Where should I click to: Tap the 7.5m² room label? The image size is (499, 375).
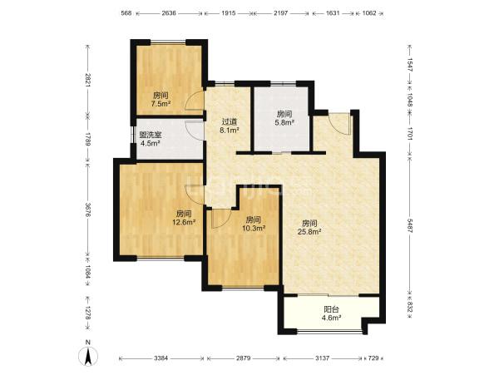pyautogui.click(x=161, y=99)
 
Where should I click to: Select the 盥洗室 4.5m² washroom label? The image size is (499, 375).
pyautogui.click(x=151, y=139)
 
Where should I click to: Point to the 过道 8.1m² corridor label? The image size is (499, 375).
pyautogui.click(x=230, y=126)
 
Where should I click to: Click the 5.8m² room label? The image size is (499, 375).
pyautogui.click(x=284, y=118)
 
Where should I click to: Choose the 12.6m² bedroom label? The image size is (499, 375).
pyautogui.click(x=184, y=218)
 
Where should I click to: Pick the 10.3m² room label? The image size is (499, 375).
pyautogui.click(x=254, y=224)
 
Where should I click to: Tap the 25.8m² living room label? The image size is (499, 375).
pyautogui.click(x=309, y=228)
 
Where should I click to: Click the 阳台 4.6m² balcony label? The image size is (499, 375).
pyautogui.click(x=331, y=313)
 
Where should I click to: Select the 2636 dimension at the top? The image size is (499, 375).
pyautogui.click(x=169, y=13)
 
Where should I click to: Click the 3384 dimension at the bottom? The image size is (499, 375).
pyautogui.click(x=161, y=358)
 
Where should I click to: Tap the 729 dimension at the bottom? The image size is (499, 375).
pyautogui.click(x=373, y=358)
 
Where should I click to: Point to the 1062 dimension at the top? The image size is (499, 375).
pyautogui.click(x=369, y=13)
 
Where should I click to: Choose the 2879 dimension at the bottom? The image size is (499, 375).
pyautogui.click(x=244, y=358)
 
